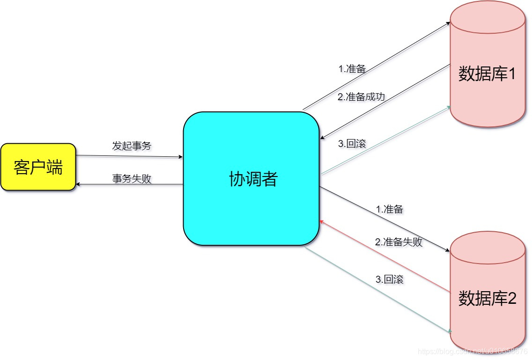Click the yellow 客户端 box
(38, 167)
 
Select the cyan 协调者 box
(251, 178)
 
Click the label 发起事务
(132, 146)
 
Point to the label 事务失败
(132, 178)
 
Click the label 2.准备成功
(361, 97)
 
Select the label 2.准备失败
(399, 242)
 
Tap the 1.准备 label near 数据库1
(352, 69)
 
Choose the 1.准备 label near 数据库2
(389, 209)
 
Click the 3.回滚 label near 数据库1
(352, 144)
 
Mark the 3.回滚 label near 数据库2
(389, 279)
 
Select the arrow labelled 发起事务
(129, 156)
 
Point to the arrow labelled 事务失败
(129, 185)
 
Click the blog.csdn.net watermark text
(473, 351)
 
